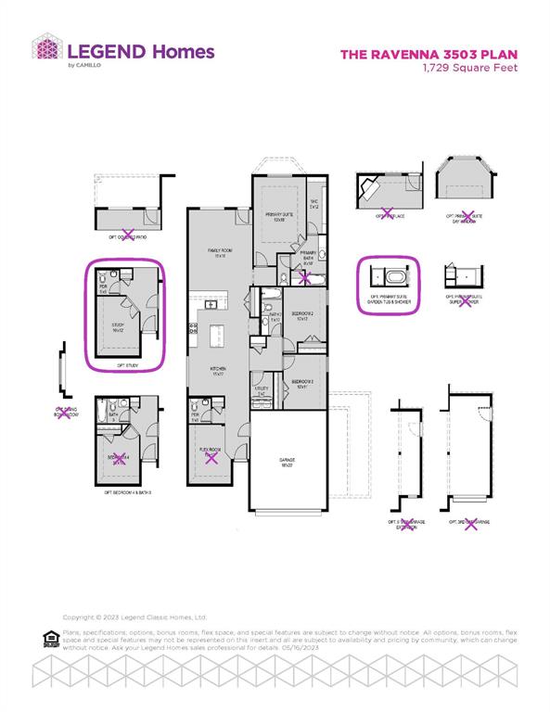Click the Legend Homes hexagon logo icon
[x=46, y=51]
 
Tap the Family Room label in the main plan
[x=220, y=252]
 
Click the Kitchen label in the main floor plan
[x=220, y=372]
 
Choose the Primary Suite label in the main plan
[x=275, y=217]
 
